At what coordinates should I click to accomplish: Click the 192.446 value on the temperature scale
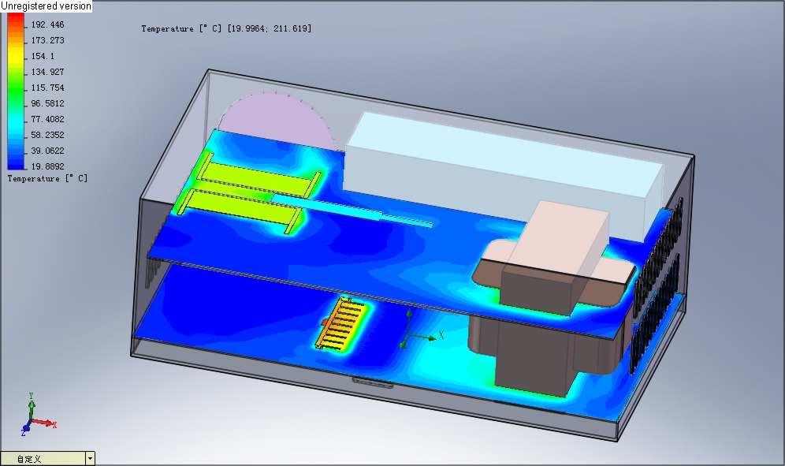[x=47, y=24]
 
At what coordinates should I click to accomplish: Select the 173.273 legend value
[x=47, y=40]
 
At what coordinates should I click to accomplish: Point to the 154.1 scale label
[x=43, y=56]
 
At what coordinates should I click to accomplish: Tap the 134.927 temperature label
[x=47, y=72]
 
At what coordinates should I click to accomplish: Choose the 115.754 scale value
[x=47, y=88]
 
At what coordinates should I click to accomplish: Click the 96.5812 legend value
[x=47, y=103]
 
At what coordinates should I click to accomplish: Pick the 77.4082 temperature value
[x=47, y=119]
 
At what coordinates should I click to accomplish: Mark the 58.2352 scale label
[x=47, y=135]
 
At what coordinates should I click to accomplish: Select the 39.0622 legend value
[x=47, y=151]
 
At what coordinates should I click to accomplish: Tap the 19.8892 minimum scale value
[x=47, y=166]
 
